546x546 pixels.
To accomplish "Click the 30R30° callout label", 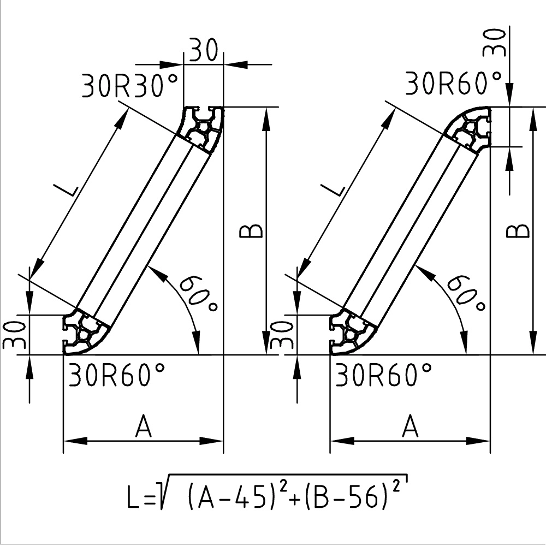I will tap(130, 86).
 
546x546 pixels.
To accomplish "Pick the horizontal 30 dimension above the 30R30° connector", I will tap(204, 51).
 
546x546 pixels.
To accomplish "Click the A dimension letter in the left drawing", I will tap(144, 426).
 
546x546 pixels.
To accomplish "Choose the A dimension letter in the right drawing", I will tap(410, 426).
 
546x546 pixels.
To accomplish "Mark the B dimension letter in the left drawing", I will tap(251, 231).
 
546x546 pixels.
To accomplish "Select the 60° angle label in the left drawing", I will tap(198, 293).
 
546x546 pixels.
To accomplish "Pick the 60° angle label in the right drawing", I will tap(466, 293).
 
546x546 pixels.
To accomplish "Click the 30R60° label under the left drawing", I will tap(116, 376).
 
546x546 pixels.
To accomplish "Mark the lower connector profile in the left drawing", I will tap(85, 331).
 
